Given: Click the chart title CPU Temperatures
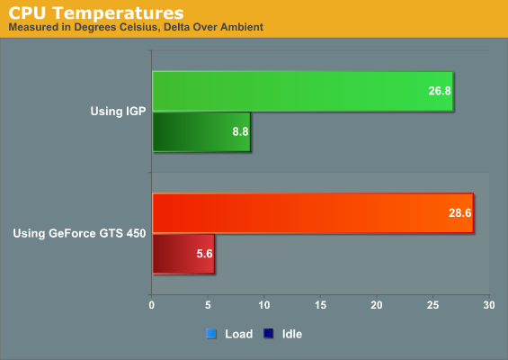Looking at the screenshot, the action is click(96, 13).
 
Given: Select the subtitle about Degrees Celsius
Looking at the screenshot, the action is click(136, 27).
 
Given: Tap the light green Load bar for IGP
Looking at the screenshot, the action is click(303, 91).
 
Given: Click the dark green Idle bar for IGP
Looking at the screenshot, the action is click(201, 131).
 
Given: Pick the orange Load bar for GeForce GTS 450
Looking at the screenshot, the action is click(313, 213).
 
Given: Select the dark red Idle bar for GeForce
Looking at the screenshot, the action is click(183, 254).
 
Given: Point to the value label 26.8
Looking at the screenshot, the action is click(440, 91).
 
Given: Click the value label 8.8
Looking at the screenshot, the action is click(240, 131).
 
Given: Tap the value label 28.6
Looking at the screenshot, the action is click(459, 212).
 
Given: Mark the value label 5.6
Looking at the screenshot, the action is click(204, 253).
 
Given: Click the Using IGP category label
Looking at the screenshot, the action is click(118, 112).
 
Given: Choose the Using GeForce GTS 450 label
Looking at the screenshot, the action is click(79, 233).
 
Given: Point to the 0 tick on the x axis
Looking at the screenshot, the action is click(151, 305).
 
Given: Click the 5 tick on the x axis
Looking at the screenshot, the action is click(208, 305).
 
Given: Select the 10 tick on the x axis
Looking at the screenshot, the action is click(264, 305).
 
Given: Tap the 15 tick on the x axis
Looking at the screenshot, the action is click(320, 305).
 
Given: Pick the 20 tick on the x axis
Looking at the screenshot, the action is click(377, 305).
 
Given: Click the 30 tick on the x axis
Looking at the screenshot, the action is click(489, 305).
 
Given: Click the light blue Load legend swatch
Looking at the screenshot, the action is click(211, 334).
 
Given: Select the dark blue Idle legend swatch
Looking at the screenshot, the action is click(268, 334).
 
